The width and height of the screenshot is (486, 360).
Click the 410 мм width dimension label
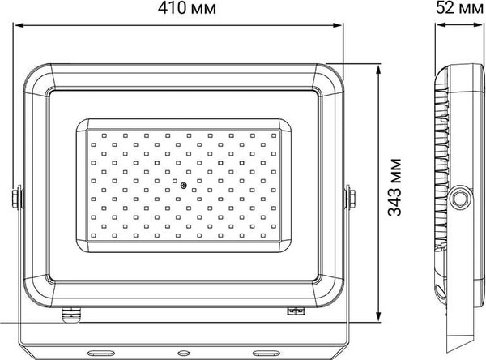(x=181, y=11)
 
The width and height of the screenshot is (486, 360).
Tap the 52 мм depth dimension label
(x=458, y=11)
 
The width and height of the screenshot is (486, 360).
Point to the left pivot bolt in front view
(x=15, y=197)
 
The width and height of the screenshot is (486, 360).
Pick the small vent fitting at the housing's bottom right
(x=295, y=309)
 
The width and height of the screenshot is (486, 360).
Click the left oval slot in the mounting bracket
(x=100, y=353)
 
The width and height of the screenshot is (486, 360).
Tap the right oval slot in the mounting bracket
(x=265, y=353)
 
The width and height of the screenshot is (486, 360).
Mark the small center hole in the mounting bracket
(x=182, y=353)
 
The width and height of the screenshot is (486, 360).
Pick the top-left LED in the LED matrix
(x=92, y=134)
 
